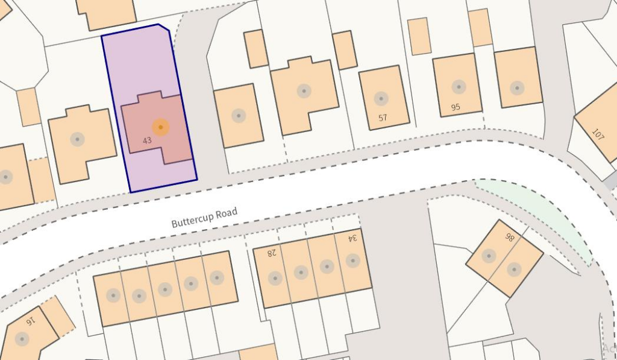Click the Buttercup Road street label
pos(204,217)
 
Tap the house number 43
pos(147,141)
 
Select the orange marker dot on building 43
pos(160,127)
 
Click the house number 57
pos(383,118)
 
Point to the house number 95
pos(456,108)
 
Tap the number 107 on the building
pos(598,134)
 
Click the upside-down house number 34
pos(352,238)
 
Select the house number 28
pos(272,253)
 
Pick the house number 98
pos(510,237)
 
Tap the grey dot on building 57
pos(381,98)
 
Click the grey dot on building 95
pos(459,86)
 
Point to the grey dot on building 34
pos(353,261)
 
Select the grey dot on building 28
pos(275,278)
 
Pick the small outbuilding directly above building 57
pos(345,49)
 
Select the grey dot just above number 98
pos(489,256)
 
